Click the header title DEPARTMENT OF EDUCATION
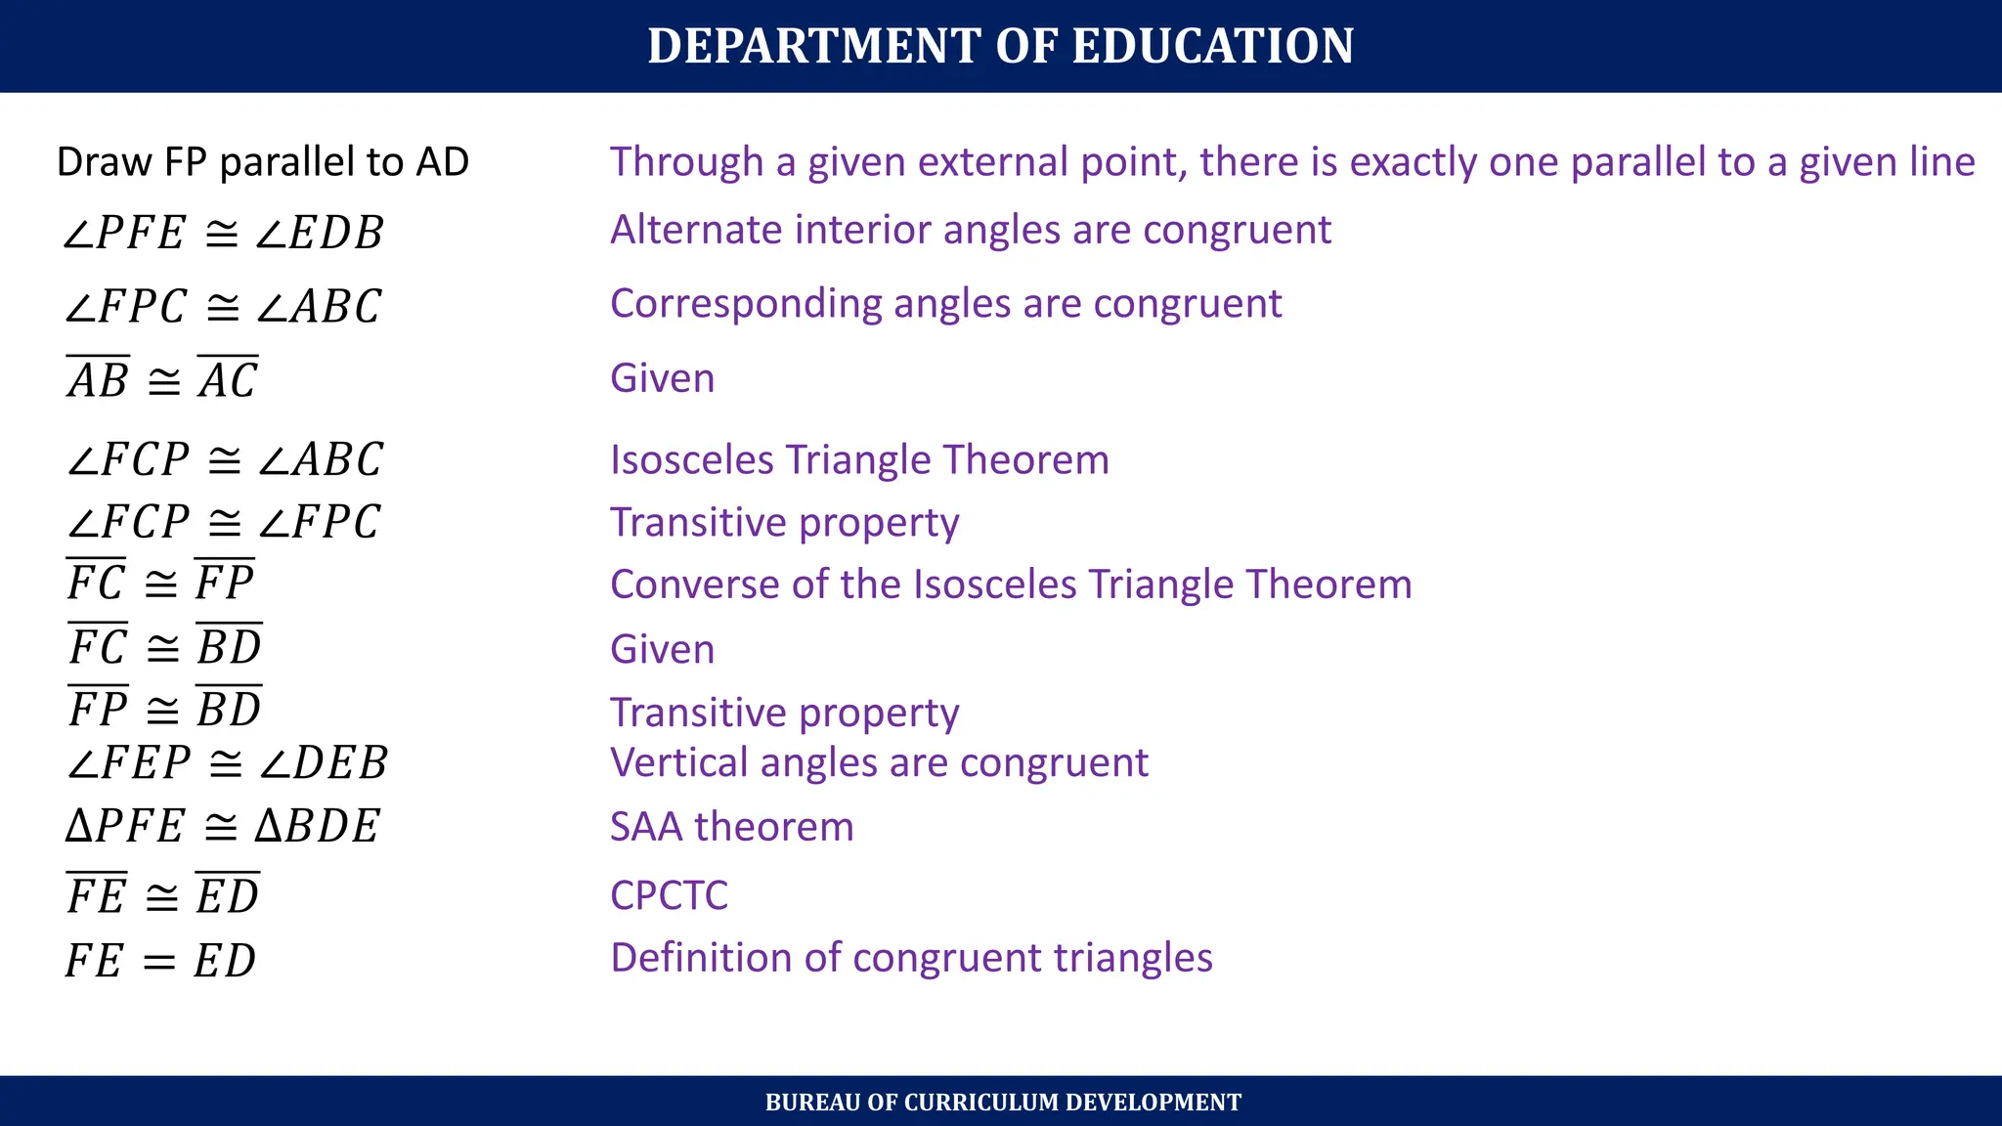[1000, 46]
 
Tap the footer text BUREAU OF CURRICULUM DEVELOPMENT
[1003, 1103]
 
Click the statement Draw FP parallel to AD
[263, 162]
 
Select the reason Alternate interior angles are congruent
[970, 231]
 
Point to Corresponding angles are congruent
[945, 304]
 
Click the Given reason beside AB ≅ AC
[662, 378]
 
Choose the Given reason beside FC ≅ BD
[662, 650]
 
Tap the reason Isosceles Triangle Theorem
[859, 460]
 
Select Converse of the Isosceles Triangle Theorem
[1011, 585]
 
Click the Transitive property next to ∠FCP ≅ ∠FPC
[784, 523]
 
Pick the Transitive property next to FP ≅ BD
[784, 713]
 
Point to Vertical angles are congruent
[879, 763]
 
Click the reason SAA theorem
[731, 827]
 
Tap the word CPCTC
[669, 895]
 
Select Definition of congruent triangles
[911, 958]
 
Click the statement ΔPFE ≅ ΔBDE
[223, 827]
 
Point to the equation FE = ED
[161, 961]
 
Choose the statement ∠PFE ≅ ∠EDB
[223, 233]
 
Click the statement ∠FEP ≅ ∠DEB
[227, 763]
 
